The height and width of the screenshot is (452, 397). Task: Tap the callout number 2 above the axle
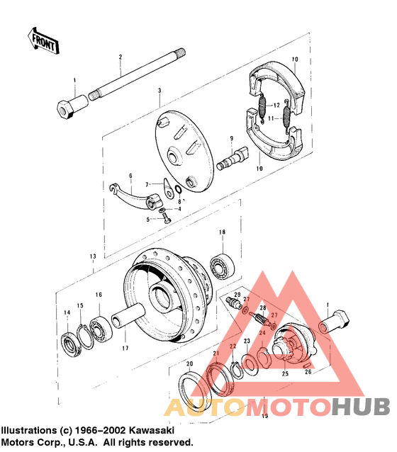tap(121, 57)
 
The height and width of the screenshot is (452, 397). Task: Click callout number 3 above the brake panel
tap(160, 91)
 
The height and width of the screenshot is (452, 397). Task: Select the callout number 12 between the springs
tap(277, 106)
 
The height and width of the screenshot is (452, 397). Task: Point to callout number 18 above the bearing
tap(222, 232)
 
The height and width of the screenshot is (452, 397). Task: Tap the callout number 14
tap(67, 312)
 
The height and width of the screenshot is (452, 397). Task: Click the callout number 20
tap(189, 364)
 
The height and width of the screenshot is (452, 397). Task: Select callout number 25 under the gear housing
tap(286, 373)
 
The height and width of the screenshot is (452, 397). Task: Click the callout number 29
tap(237, 294)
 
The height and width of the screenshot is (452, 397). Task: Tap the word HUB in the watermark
tap(360, 408)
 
